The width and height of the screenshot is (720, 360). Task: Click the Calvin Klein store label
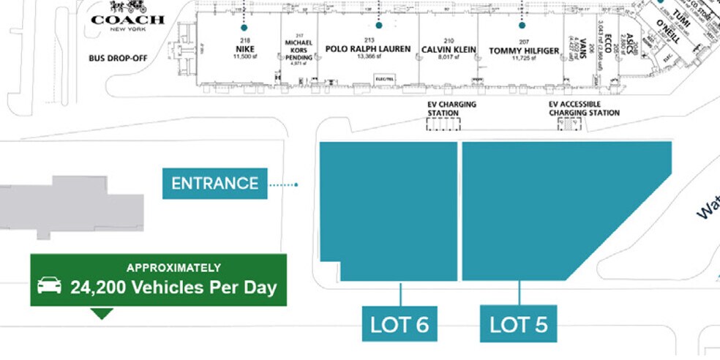point(449,50)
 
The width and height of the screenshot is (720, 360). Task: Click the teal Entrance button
point(214,184)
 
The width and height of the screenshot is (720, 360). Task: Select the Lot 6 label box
point(400,323)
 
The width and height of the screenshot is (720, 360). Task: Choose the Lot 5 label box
point(518,323)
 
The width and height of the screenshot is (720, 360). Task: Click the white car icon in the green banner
point(49,285)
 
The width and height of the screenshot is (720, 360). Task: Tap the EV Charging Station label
point(451,109)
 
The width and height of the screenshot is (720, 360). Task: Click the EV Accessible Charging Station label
point(584,109)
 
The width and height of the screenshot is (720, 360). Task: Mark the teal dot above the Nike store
point(244,27)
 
